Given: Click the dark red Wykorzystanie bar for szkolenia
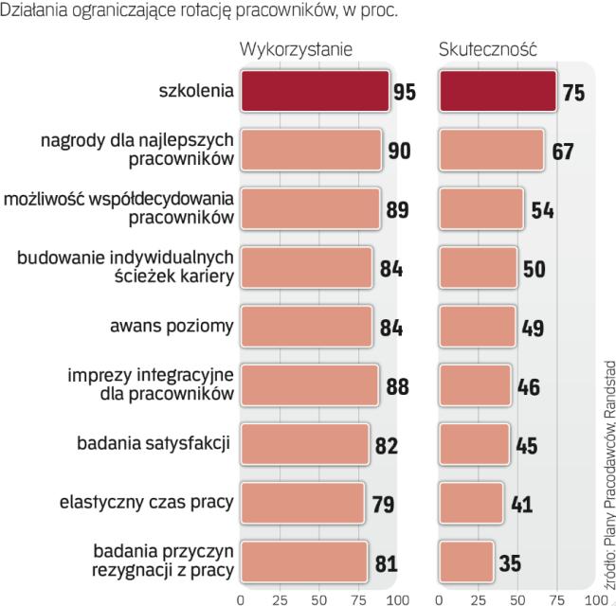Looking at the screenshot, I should click(x=315, y=91).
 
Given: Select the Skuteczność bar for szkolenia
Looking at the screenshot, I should click(x=498, y=91).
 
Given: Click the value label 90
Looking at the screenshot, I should click(x=399, y=151).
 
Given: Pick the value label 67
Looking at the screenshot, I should click(x=564, y=151).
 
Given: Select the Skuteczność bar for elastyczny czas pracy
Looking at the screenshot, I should click(x=472, y=503).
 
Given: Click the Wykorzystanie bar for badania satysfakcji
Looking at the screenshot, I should click(x=304, y=444).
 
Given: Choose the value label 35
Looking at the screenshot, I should click(x=510, y=563).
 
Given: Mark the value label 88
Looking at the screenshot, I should click(x=396, y=386).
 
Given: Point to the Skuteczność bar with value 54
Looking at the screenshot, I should click(x=482, y=209).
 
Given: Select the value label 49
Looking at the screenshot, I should click(x=532, y=328).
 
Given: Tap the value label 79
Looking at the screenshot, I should click(x=382, y=503).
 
